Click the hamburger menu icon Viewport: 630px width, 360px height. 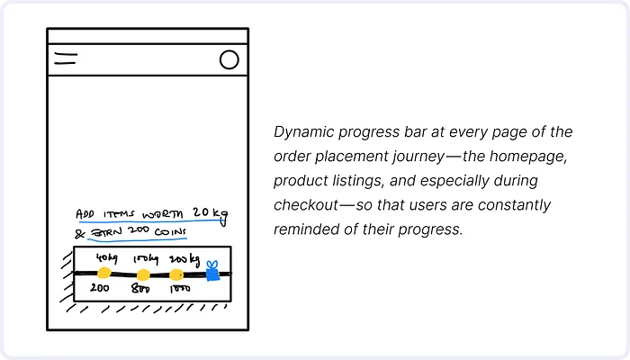click(x=66, y=58)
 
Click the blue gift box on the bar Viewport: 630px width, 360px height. click(x=212, y=271)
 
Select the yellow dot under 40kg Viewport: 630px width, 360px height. click(x=104, y=274)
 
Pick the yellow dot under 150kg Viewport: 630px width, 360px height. click(x=143, y=275)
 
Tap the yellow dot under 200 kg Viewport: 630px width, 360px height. click(x=176, y=274)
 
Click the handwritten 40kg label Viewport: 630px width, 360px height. click(x=106, y=258)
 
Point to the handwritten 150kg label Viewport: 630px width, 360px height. click(x=146, y=259)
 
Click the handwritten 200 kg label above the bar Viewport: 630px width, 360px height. click(x=184, y=260)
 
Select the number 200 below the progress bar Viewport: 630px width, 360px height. click(x=99, y=288)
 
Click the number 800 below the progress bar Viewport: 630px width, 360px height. click(x=140, y=289)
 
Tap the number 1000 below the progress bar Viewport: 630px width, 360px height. click(x=180, y=289)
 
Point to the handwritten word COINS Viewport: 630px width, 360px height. click(x=170, y=232)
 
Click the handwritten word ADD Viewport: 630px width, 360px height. click(x=85, y=214)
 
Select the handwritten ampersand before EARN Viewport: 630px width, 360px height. click(x=80, y=233)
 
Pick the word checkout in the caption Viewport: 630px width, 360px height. click(x=306, y=205)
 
